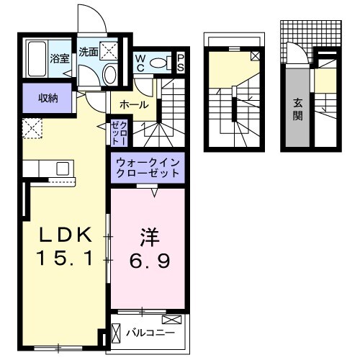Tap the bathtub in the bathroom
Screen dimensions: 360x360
[x=37, y=60]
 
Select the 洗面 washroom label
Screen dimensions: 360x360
[x=89, y=52]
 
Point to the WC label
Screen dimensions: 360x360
[x=140, y=63]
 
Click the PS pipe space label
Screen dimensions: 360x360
[x=181, y=63]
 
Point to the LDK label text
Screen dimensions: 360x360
[x=66, y=236]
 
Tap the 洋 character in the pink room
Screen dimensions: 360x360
[x=150, y=236]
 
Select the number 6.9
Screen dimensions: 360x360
[x=150, y=261]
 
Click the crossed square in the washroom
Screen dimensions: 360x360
[x=111, y=50]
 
